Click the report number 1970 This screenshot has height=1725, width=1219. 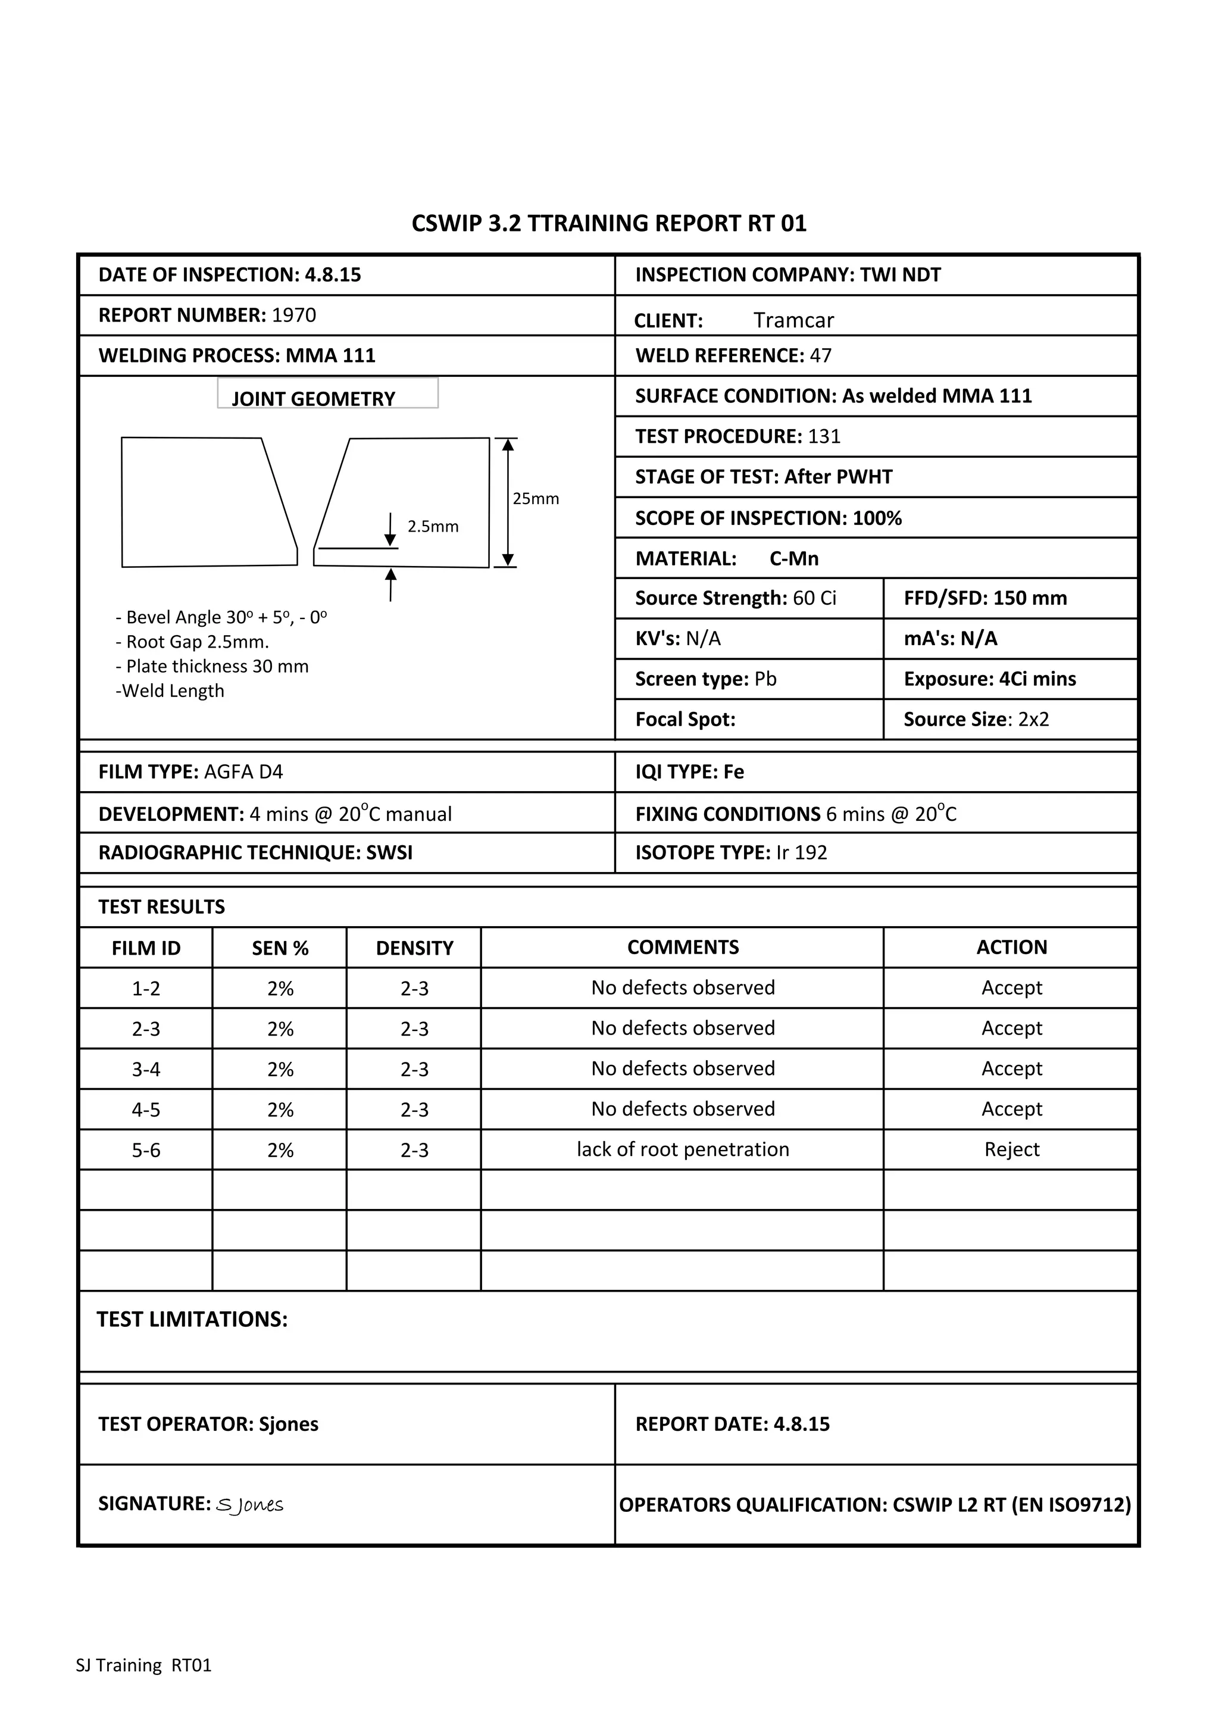click(293, 315)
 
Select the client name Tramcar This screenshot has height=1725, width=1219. click(793, 320)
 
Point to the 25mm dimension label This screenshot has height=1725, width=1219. click(536, 499)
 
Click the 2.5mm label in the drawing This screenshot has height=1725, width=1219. click(433, 527)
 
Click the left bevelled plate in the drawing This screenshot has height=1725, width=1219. click(203, 502)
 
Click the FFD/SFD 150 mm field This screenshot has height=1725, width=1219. click(984, 598)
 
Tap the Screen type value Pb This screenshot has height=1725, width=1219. click(765, 679)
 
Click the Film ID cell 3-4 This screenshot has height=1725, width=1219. click(146, 1069)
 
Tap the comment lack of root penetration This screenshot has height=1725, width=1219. click(682, 1150)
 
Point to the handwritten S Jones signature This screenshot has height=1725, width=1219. click(249, 1505)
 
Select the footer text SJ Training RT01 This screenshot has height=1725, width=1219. click(143, 1665)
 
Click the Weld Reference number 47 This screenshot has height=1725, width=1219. click(821, 355)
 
